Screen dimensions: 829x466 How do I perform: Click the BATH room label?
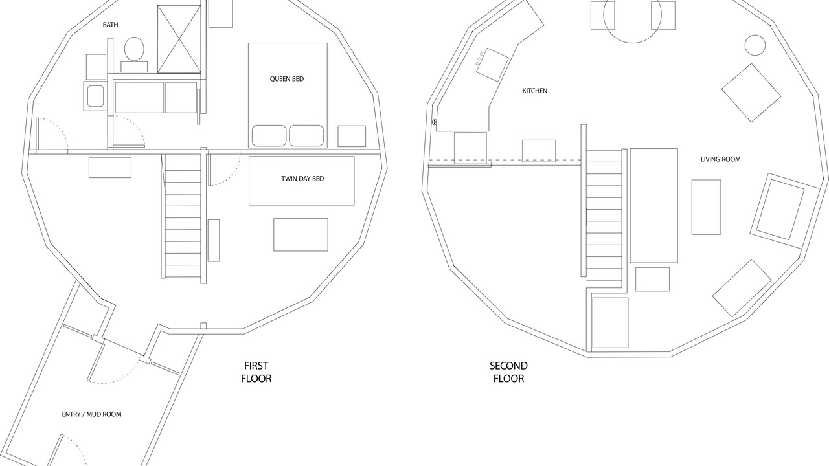click(110, 25)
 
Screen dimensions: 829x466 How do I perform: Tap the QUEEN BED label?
click(287, 79)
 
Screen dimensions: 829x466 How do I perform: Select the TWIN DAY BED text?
click(302, 179)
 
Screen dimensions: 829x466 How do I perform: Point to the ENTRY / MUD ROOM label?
click(91, 414)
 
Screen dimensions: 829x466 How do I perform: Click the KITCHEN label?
click(535, 91)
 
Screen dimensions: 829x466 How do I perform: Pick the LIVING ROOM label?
click(721, 159)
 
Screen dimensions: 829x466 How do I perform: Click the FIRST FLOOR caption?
click(256, 372)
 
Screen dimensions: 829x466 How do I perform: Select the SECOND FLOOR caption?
click(509, 372)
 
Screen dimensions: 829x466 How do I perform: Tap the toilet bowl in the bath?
click(134, 49)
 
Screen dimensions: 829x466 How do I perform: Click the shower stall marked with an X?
click(179, 39)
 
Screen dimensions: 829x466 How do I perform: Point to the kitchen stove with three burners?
click(492, 65)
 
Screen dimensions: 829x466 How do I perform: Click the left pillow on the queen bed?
click(269, 136)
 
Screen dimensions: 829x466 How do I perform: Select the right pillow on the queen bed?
click(306, 136)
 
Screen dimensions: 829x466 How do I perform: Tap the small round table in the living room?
click(755, 45)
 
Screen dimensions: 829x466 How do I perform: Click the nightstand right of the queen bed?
click(352, 136)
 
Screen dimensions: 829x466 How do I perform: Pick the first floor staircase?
click(183, 216)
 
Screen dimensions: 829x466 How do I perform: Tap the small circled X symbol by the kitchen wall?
click(435, 122)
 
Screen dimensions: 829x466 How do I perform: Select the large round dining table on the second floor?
click(633, 15)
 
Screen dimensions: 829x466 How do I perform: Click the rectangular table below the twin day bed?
click(301, 235)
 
